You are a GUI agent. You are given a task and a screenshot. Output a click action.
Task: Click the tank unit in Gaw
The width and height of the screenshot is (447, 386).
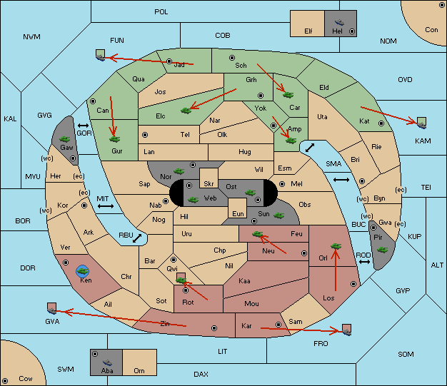[64, 139]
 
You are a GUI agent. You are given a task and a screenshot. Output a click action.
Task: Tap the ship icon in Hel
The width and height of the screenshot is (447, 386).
[339, 22]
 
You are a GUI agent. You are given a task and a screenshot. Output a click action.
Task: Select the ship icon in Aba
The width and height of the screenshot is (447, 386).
[107, 362]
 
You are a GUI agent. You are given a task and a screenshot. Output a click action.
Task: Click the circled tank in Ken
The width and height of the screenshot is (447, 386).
[82, 271]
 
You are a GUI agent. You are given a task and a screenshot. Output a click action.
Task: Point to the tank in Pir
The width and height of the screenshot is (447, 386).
[382, 250]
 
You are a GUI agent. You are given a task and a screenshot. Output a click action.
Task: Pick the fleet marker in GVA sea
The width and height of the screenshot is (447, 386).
[51, 308]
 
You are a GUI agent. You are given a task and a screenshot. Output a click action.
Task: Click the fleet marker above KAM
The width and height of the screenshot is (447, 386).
[421, 123]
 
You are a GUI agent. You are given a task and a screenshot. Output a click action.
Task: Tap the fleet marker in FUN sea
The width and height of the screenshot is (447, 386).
[101, 55]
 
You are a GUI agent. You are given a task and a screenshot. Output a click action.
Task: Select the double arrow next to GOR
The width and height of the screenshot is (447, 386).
[84, 126]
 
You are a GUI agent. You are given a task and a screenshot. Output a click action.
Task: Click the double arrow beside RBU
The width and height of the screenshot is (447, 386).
[137, 238]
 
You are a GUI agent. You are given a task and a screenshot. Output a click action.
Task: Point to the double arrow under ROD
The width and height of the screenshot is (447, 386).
[364, 262]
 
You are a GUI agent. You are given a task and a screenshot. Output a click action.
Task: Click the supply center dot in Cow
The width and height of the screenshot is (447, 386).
[5, 380]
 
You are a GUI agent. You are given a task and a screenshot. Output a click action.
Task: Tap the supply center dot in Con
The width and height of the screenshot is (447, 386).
[441, 5]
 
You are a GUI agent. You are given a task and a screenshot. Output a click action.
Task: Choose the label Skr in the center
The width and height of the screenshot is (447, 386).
[209, 184]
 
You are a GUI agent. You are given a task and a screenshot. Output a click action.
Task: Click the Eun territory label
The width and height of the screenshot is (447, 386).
[238, 213]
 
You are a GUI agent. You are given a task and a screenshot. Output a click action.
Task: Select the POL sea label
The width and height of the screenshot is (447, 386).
[161, 12]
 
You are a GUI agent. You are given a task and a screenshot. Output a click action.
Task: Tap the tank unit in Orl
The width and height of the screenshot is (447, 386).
[336, 246]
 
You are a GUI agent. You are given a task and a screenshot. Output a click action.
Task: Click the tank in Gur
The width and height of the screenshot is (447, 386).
[114, 139]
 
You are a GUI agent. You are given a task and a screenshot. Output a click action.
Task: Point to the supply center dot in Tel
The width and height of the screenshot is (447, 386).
[145, 134]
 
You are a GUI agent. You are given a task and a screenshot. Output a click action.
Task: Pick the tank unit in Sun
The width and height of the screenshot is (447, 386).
[278, 215]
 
